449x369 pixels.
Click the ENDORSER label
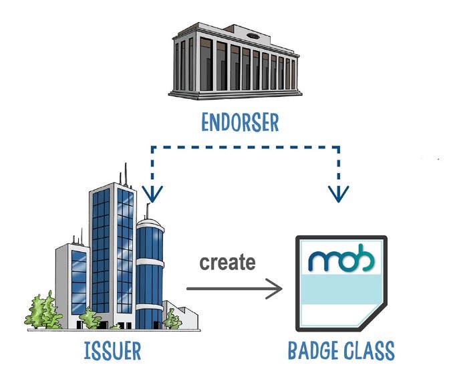(x=240, y=122)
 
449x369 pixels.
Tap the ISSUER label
(x=112, y=351)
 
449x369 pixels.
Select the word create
(x=227, y=262)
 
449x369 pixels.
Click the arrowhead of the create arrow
(x=275, y=289)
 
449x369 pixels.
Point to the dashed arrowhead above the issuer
(x=152, y=194)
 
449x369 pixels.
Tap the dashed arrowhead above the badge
(x=339, y=194)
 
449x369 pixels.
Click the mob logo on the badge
(x=341, y=258)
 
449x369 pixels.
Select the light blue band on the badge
(x=341, y=289)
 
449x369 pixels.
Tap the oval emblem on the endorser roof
(x=253, y=36)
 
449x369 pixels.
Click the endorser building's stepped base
(x=235, y=94)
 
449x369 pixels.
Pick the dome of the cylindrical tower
(x=150, y=224)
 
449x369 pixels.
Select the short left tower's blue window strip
(x=78, y=283)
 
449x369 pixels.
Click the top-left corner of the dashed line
(x=152, y=147)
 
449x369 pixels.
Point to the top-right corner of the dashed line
(x=339, y=147)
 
